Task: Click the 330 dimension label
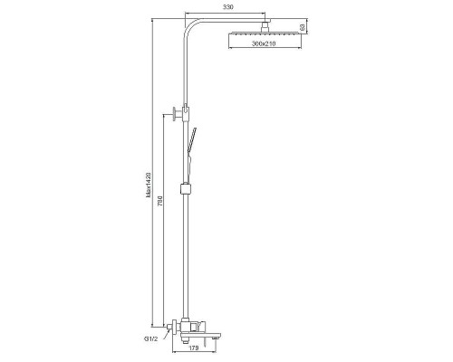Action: point(228,7)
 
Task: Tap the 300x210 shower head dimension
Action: point(264,43)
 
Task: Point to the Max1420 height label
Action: point(148,186)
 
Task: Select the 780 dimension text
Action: point(160,201)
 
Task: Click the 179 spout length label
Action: point(194,348)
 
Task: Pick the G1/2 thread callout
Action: point(150,338)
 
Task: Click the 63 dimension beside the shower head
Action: point(302,27)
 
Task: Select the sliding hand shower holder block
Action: point(186,189)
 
